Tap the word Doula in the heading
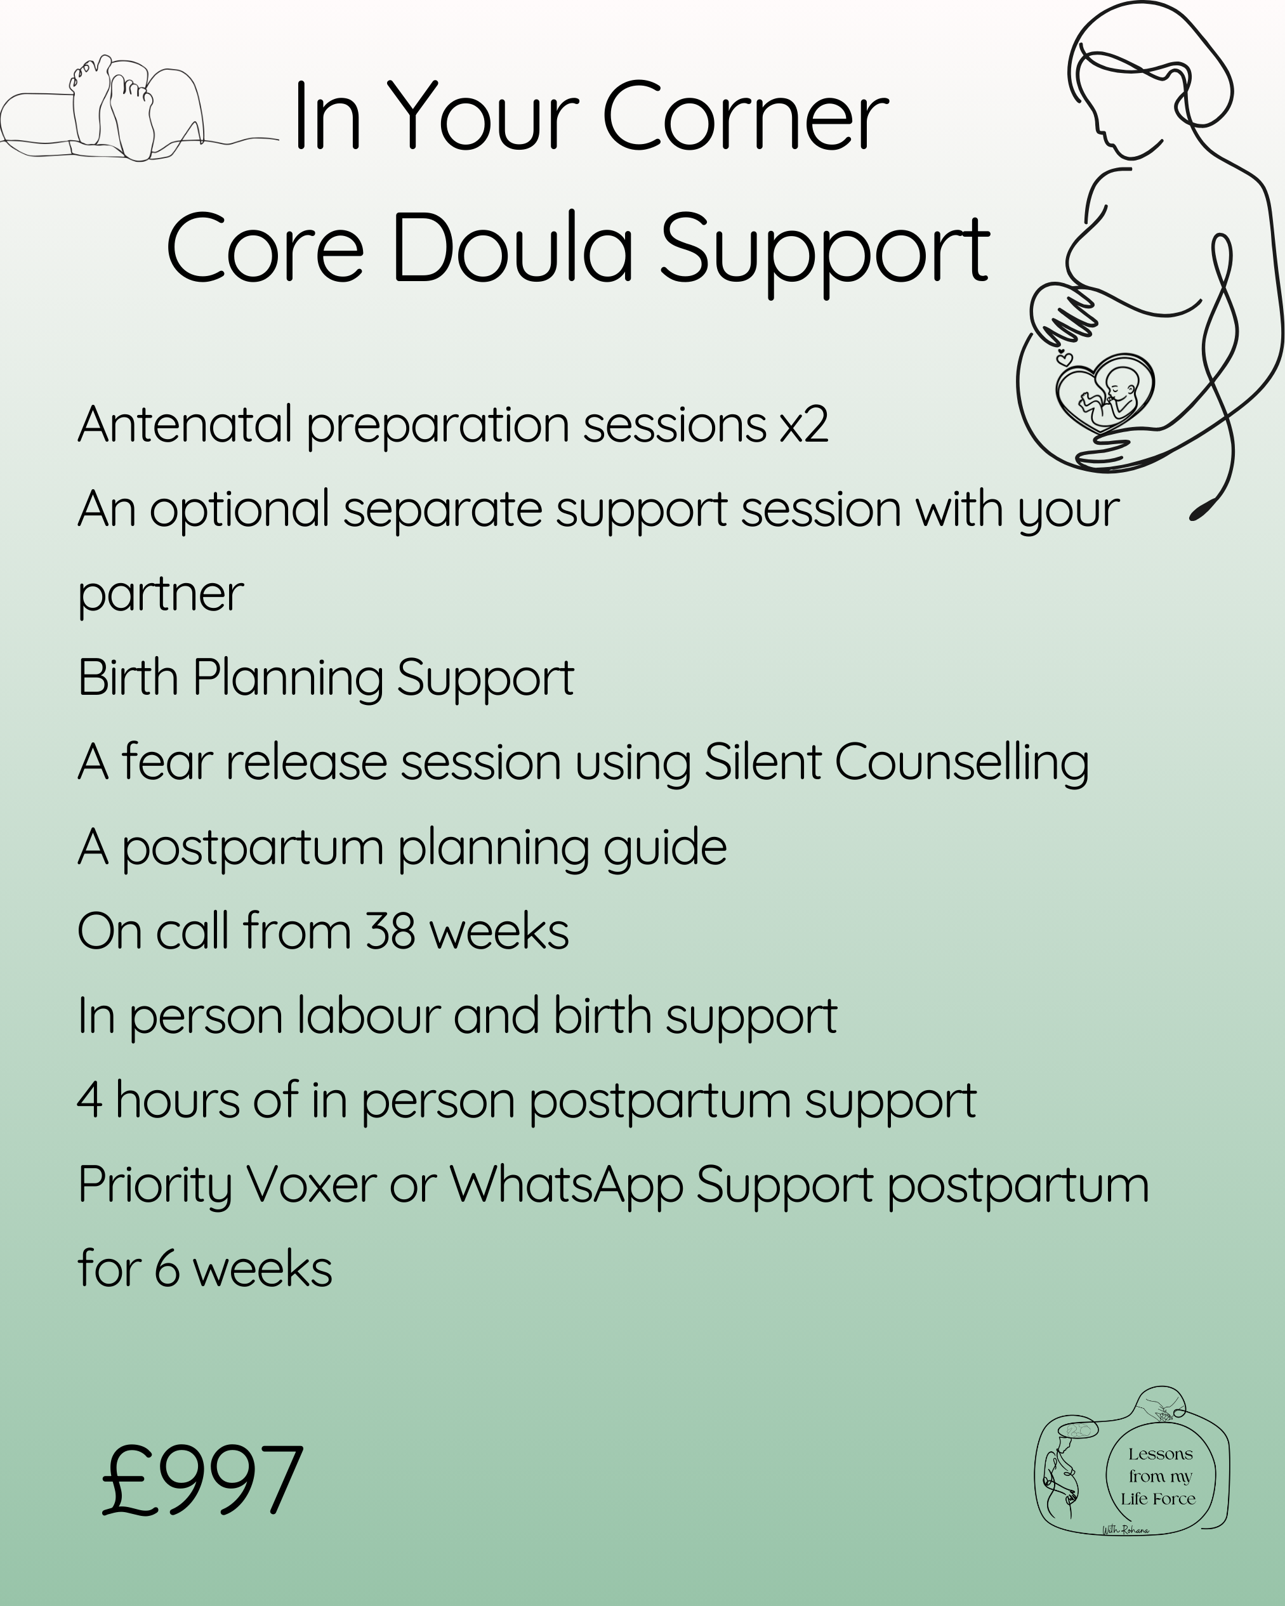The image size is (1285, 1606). point(511,248)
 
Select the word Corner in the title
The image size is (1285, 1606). point(745,116)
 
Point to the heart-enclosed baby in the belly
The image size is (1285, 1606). point(1105,393)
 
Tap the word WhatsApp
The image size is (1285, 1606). point(566,1185)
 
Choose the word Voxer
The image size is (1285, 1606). point(311,1185)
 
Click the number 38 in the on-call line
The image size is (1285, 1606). point(390,932)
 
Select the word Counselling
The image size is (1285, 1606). point(962,763)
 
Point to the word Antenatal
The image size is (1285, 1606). point(185,425)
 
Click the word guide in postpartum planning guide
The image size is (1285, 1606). point(664,848)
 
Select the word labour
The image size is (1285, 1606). point(368,1016)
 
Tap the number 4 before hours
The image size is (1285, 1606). point(89,1101)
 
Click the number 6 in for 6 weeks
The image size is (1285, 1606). point(167,1269)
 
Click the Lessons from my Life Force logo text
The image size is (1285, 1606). point(1160,1477)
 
